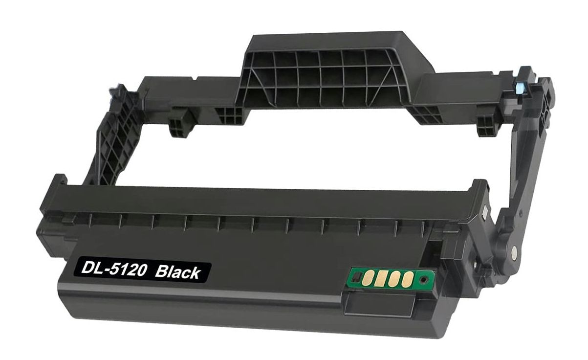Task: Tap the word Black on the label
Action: (x=177, y=272)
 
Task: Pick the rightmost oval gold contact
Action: (x=404, y=279)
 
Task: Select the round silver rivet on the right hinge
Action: (x=514, y=253)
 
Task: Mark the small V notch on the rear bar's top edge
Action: (x=195, y=78)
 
